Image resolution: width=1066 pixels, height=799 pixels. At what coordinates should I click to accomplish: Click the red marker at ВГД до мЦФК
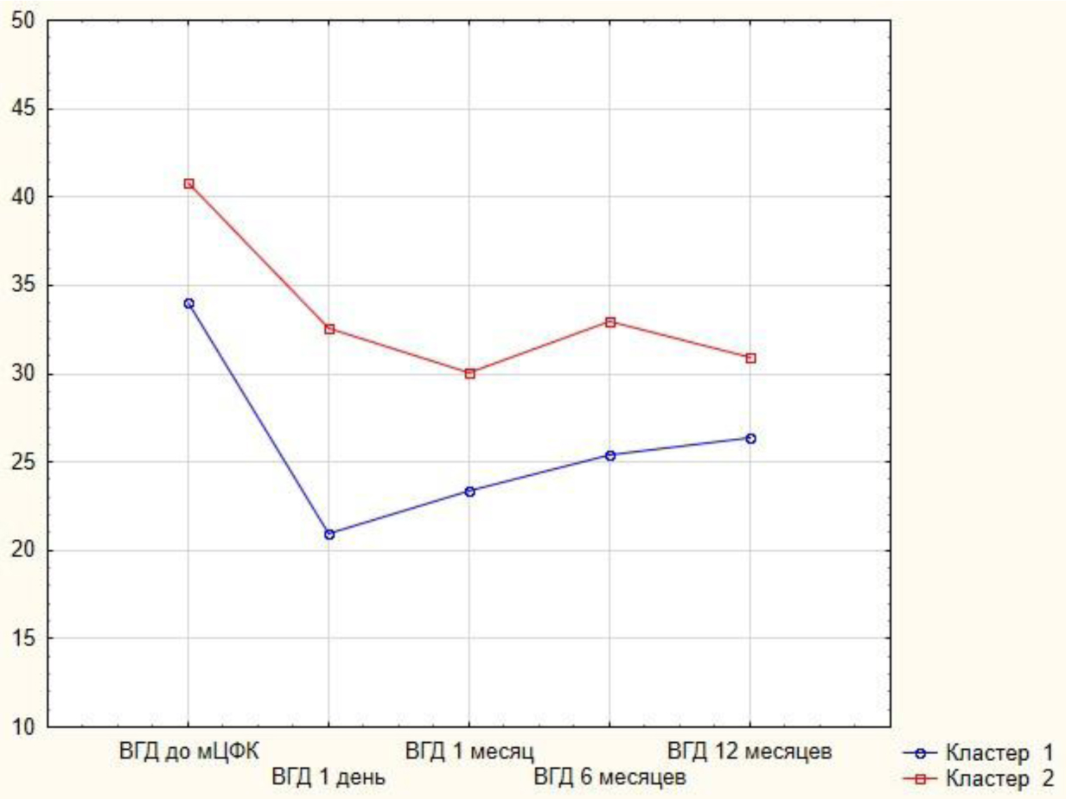coord(188,183)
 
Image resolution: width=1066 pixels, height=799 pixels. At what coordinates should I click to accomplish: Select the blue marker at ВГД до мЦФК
coord(188,303)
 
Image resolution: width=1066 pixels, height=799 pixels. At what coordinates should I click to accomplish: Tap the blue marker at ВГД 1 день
coord(329,534)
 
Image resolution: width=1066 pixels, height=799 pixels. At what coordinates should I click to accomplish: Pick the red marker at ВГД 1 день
coord(329,328)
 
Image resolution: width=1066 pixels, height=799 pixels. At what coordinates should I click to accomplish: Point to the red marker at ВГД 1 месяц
coord(469,373)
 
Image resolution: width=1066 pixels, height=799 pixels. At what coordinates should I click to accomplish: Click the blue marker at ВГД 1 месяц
coord(469,491)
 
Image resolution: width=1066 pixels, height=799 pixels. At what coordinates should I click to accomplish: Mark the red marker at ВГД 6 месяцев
coord(610,321)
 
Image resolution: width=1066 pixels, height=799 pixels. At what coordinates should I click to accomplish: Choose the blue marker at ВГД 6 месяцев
coord(610,455)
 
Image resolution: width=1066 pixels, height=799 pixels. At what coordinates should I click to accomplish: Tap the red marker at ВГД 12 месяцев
coord(750,358)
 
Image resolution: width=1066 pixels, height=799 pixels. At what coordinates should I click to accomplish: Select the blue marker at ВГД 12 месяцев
coord(750,438)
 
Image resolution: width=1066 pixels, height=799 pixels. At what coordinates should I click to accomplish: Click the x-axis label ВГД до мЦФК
coord(188,750)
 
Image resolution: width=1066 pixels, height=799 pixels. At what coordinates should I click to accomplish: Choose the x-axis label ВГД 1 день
coord(329,777)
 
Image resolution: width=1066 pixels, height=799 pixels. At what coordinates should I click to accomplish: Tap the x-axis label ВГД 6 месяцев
coord(610,777)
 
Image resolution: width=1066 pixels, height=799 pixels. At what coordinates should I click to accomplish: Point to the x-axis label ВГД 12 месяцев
coord(750,750)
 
